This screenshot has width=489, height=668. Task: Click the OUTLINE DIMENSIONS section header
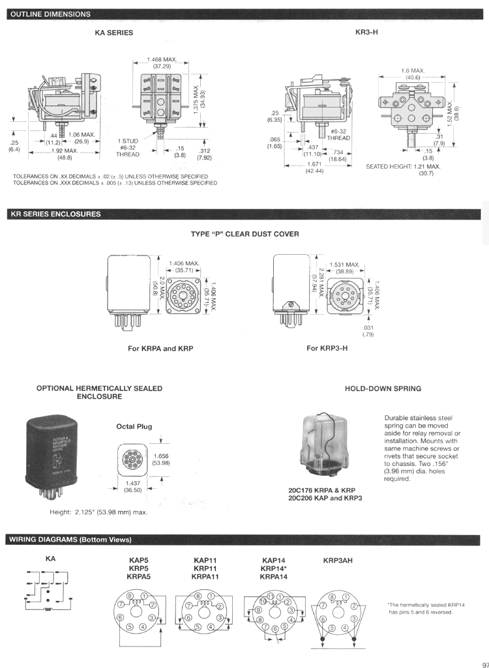click(50, 14)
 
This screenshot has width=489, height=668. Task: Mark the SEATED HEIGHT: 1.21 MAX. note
click(403, 166)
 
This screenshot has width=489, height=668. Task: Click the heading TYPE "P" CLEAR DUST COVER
click(244, 234)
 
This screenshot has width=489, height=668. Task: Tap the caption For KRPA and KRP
click(160, 348)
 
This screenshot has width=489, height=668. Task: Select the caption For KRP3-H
click(327, 348)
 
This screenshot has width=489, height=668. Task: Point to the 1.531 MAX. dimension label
click(344, 265)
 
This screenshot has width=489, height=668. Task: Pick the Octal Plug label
click(134, 426)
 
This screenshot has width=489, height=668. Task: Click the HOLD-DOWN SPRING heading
click(383, 388)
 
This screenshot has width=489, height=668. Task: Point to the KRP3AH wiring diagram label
click(338, 560)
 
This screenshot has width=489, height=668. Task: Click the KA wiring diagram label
click(50, 559)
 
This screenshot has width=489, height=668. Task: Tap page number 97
click(482, 657)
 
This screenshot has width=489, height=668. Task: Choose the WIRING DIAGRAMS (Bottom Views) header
click(70, 540)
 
